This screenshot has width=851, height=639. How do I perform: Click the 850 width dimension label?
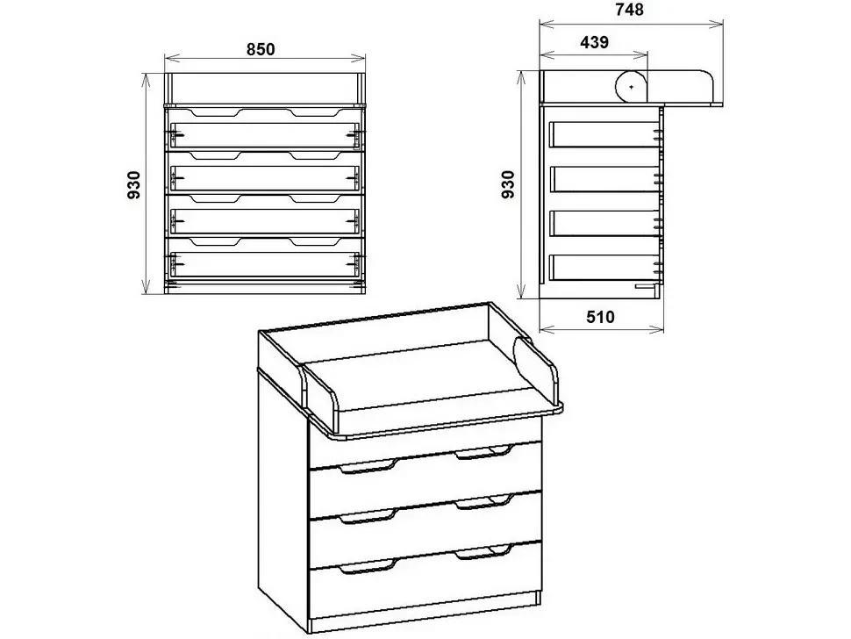(x=261, y=49)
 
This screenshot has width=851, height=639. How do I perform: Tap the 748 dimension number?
(x=629, y=10)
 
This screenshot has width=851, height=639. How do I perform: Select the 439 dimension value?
(x=594, y=42)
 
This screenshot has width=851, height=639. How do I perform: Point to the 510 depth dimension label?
(x=600, y=317)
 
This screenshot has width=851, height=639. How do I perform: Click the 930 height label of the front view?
(x=134, y=184)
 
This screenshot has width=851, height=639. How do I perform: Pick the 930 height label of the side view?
(x=508, y=184)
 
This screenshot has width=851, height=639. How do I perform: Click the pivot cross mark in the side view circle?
(x=631, y=86)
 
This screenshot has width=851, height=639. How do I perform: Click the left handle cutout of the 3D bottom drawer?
(x=368, y=568)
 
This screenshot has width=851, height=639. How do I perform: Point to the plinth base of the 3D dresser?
(x=425, y=611)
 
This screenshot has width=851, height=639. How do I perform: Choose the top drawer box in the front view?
(x=264, y=134)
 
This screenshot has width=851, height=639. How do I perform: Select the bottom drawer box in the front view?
(x=264, y=264)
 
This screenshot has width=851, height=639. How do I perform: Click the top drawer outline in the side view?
(x=604, y=134)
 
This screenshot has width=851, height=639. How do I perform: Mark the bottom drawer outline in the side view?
(x=604, y=268)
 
